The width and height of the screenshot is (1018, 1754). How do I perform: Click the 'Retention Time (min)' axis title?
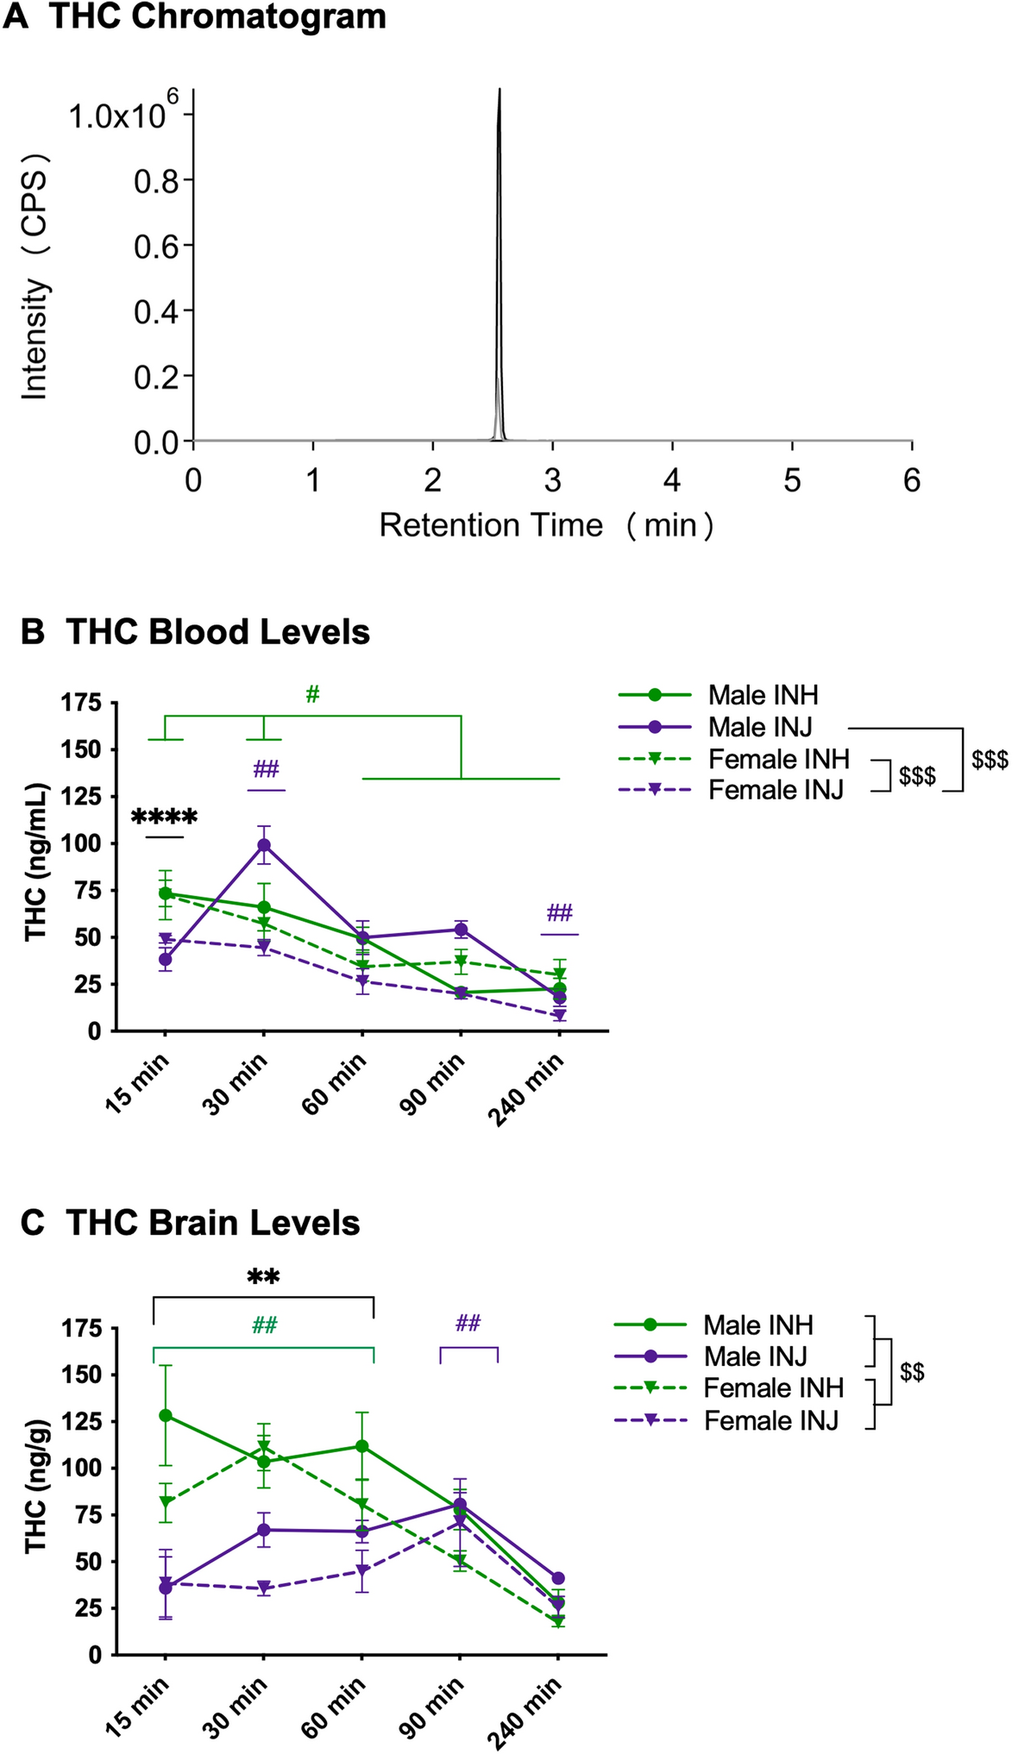tap(546, 524)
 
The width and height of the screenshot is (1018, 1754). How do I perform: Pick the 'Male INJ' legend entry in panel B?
tap(759, 728)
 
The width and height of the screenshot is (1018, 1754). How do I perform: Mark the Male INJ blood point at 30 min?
tap(264, 845)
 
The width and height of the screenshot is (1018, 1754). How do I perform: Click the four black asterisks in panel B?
tap(164, 817)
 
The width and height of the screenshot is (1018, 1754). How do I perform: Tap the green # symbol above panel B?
tap(312, 694)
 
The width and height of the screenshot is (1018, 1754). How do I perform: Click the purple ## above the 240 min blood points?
tap(559, 913)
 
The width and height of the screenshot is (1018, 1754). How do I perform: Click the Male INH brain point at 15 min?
tap(166, 1416)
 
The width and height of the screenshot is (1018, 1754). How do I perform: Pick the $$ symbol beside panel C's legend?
tap(912, 1372)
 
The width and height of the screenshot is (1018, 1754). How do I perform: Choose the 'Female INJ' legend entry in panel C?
tap(770, 1421)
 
